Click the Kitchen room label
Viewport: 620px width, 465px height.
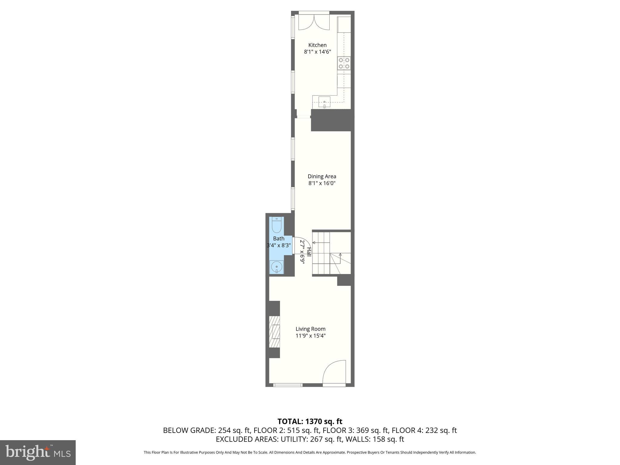[x=317, y=45]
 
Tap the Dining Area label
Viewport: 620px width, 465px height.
[x=322, y=176]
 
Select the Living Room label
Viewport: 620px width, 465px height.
[x=310, y=329]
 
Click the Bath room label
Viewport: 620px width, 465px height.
[x=279, y=239]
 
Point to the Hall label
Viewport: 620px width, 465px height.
[x=309, y=252]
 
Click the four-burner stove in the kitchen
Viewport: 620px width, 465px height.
[x=344, y=63]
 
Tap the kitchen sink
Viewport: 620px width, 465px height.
[x=324, y=102]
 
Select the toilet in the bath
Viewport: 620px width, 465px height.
[x=277, y=225]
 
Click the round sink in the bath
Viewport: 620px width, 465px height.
[x=277, y=267]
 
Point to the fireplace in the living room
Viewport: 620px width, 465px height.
[x=274, y=331]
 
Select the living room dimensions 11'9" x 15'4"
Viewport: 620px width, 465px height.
[x=310, y=336]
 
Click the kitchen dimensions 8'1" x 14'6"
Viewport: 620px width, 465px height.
[x=317, y=52]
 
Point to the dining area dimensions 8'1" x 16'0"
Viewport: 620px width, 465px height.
[x=322, y=183]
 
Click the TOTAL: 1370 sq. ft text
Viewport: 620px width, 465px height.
[x=310, y=421]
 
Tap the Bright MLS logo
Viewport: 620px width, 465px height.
[x=38, y=453]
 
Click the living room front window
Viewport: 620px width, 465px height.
[x=288, y=385]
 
